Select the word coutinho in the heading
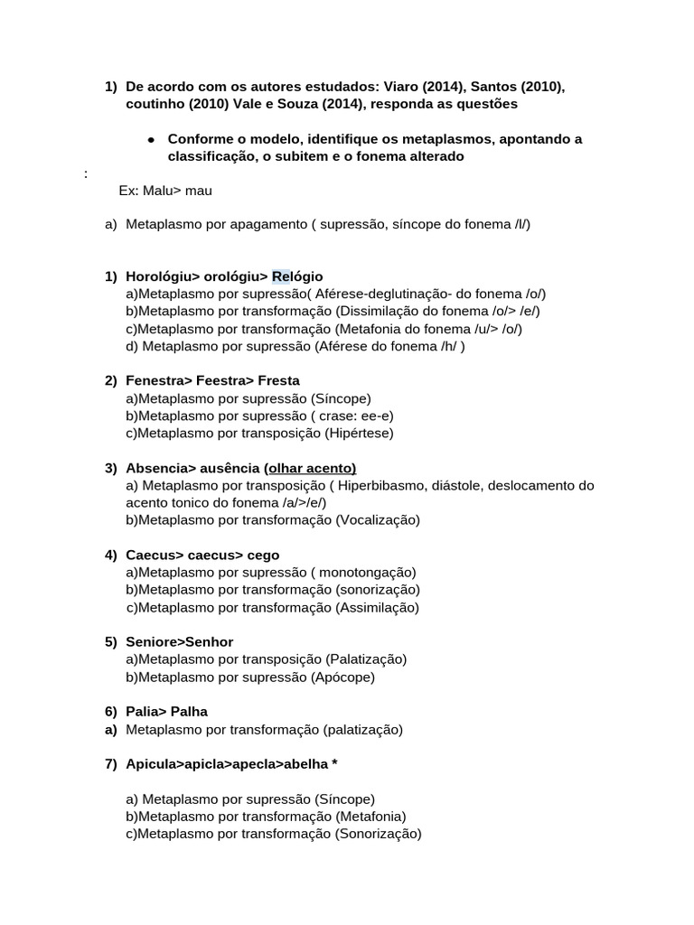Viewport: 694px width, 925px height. [x=155, y=104]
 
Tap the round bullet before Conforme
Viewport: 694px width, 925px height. [x=151, y=139]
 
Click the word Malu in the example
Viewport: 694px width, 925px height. [x=157, y=191]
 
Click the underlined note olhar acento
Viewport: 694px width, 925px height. [x=310, y=468]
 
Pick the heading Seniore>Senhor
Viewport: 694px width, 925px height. [x=180, y=642]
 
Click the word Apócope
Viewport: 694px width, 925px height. [x=342, y=677]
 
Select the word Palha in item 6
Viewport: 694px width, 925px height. [x=189, y=712]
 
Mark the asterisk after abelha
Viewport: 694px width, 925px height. [x=335, y=764]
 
